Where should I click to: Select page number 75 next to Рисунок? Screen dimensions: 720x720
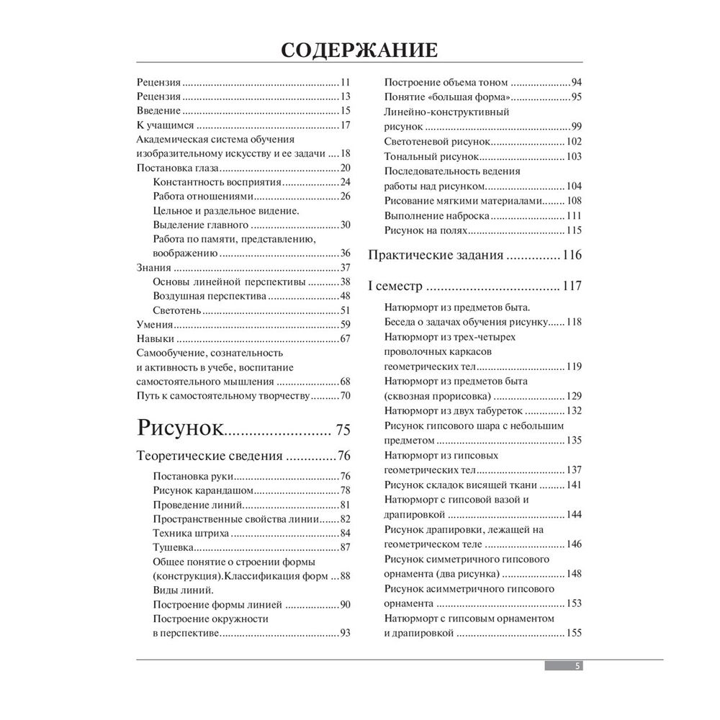342,431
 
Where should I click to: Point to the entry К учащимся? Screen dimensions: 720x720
160,126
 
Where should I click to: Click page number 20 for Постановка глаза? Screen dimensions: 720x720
344,168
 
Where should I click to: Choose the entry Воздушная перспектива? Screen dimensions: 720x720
201,295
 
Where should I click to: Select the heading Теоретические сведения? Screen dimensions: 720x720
209,456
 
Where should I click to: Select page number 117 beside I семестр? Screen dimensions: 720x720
572,286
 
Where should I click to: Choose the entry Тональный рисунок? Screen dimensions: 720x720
430,156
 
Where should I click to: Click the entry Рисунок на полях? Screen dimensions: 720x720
426,230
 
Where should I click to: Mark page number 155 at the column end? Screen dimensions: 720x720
574,633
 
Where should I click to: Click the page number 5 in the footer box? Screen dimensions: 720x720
577,666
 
